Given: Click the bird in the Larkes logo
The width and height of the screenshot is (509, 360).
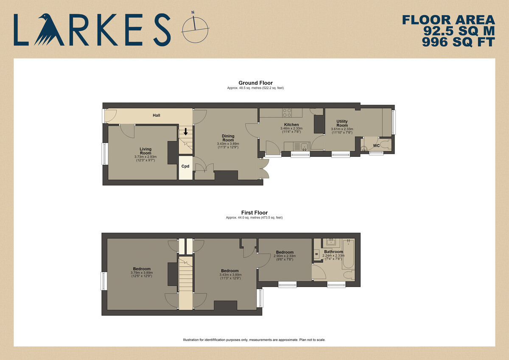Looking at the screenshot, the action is pyautogui.click(x=49, y=31).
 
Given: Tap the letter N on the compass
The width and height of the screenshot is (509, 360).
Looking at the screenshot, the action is pyautogui.click(x=193, y=12).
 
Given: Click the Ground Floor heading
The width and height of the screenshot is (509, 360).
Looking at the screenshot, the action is pyautogui.click(x=255, y=83).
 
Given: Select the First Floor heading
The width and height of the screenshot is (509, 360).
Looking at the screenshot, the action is pyautogui.click(x=254, y=212).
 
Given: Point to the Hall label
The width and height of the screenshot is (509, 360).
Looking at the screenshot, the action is pyautogui.click(x=157, y=115).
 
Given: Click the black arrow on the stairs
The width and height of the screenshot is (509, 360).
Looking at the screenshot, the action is pyautogui.click(x=186, y=131).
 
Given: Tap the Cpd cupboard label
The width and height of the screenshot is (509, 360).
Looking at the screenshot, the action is pyautogui.click(x=185, y=166).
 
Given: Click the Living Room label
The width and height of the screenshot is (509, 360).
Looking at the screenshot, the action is pyautogui.click(x=145, y=151).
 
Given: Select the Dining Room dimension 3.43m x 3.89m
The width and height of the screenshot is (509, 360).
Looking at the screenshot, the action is pyautogui.click(x=228, y=144).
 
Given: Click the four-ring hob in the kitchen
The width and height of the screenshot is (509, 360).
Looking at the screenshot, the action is pyautogui.click(x=287, y=113).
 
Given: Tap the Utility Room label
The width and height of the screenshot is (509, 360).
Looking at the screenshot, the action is pyautogui.click(x=342, y=123).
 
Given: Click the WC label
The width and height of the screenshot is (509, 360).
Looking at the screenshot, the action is pyautogui.click(x=376, y=145).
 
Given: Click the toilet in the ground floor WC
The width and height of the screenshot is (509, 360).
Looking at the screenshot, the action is pyautogui.click(x=386, y=144).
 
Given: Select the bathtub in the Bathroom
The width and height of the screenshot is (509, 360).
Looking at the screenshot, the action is pyautogui.click(x=348, y=253).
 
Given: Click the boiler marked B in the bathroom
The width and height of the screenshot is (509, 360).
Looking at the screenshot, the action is pyautogui.click(x=316, y=254).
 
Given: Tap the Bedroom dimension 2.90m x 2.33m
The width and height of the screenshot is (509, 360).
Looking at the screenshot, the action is pyautogui.click(x=285, y=256).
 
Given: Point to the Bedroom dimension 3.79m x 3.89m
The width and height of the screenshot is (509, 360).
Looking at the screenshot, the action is pyautogui.click(x=142, y=273).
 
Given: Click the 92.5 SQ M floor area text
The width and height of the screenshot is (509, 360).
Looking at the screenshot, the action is pyautogui.click(x=459, y=31).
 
